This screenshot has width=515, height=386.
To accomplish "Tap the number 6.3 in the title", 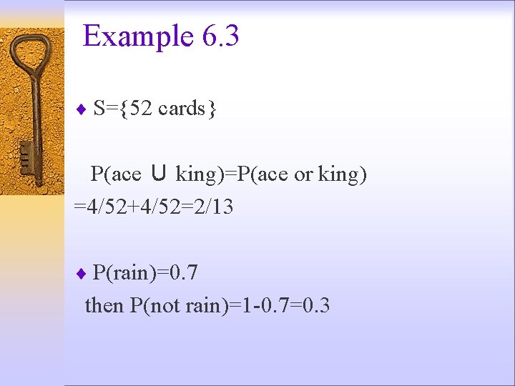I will (220, 36).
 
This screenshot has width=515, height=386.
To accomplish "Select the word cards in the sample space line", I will (181, 109).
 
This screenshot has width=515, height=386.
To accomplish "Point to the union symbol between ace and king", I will (159, 174).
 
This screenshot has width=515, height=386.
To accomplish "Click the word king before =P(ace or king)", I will (197, 174).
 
